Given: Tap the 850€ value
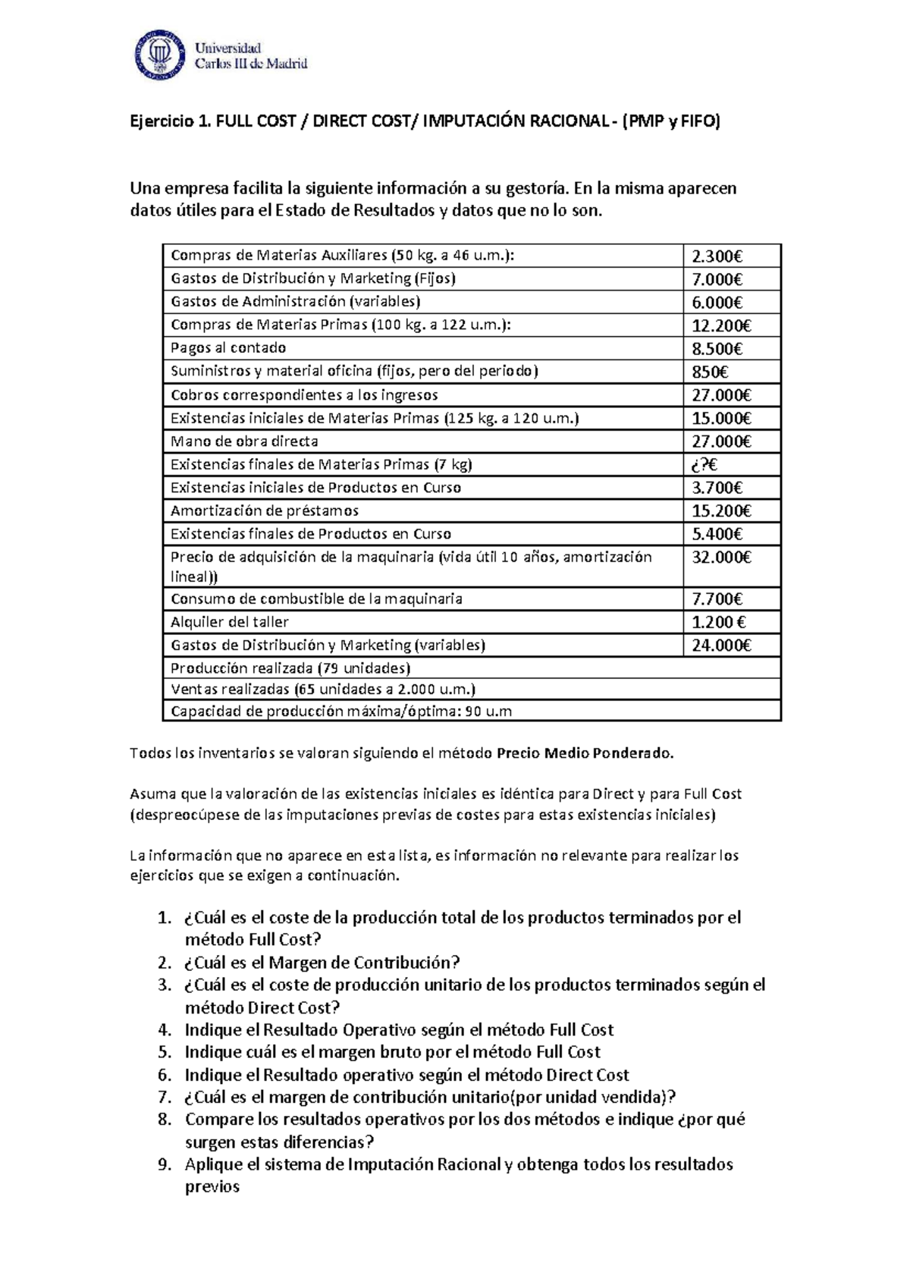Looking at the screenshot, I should tap(709, 372).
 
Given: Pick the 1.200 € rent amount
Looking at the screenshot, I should tap(718, 622).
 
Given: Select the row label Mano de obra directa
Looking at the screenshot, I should tap(244, 441).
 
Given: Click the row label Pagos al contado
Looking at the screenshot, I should tap(228, 348).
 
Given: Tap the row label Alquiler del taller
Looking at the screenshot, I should tap(230, 622).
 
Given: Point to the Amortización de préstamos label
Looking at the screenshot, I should tap(265, 510).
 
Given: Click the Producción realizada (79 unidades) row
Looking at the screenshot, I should tap(290, 668).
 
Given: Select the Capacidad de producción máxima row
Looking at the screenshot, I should tap(341, 712).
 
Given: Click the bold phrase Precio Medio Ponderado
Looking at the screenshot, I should tap(585, 753).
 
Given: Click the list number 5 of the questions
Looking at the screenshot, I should tap(165, 1052).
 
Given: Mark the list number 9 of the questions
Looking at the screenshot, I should tap(165, 1164).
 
